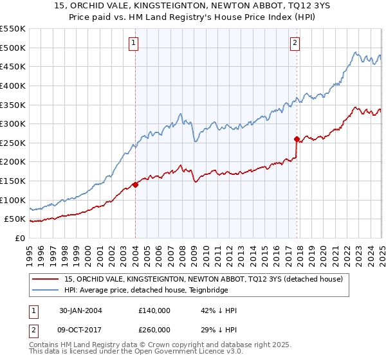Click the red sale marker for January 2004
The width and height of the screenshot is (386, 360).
(136, 184)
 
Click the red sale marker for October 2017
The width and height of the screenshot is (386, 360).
(297, 139)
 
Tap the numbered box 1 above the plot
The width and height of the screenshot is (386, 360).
(133, 43)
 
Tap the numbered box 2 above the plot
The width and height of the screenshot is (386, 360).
(295, 43)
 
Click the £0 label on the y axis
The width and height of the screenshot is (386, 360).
(19, 239)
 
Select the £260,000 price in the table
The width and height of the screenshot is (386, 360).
(154, 330)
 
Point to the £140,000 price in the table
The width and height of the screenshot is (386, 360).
(154, 310)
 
